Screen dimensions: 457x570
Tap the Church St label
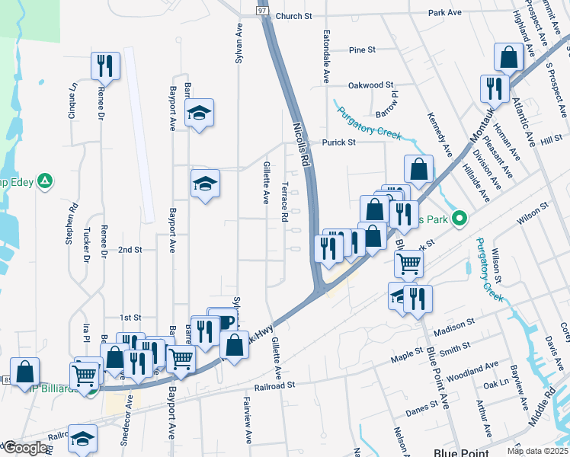(294, 16)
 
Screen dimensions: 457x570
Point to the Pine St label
(362, 50)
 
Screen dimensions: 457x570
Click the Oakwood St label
(370, 85)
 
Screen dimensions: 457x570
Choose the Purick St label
(338, 142)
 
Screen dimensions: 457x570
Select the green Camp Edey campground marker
(45, 181)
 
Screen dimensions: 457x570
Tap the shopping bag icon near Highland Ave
(508, 57)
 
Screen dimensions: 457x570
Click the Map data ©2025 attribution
(536, 452)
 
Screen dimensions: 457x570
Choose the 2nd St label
(130, 250)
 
